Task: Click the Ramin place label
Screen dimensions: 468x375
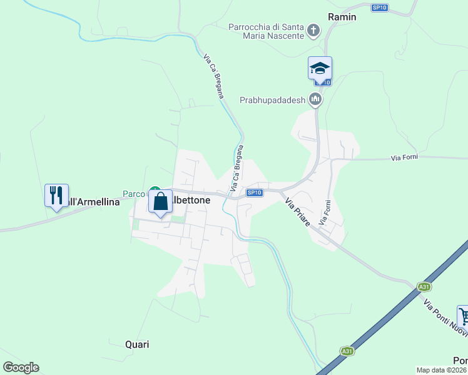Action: pyautogui.click(x=342, y=17)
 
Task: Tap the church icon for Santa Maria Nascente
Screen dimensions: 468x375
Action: pyautogui.click(x=315, y=30)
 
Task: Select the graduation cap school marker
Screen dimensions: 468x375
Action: pyautogui.click(x=320, y=68)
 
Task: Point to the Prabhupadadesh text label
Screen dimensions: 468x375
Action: pyautogui.click(x=272, y=100)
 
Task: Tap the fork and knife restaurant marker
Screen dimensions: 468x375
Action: pyautogui.click(x=56, y=196)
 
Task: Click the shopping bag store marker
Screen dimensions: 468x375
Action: pyautogui.click(x=161, y=202)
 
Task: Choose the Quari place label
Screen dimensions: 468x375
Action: pyautogui.click(x=137, y=344)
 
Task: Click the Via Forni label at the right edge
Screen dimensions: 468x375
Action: pyautogui.click(x=404, y=157)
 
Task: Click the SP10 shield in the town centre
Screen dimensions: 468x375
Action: pyautogui.click(x=253, y=192)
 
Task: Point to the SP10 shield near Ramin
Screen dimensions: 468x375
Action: pyautogui.click(x=379, y=7)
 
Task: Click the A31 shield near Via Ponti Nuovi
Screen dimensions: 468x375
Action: pyautogui.click(x=424, y=287)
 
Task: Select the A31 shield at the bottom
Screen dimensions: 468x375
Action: pyautogui.click(x=347, y=351)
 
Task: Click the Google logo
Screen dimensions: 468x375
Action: pyautogui.click(x=21, y=367)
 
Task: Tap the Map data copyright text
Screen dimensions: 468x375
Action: pyautogui.click(x=442, y=370)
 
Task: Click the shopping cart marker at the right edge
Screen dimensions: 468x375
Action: pyautogui.click(x=463, y=316)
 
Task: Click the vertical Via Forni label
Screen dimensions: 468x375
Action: pyautogui.click(x=325, y=212)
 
